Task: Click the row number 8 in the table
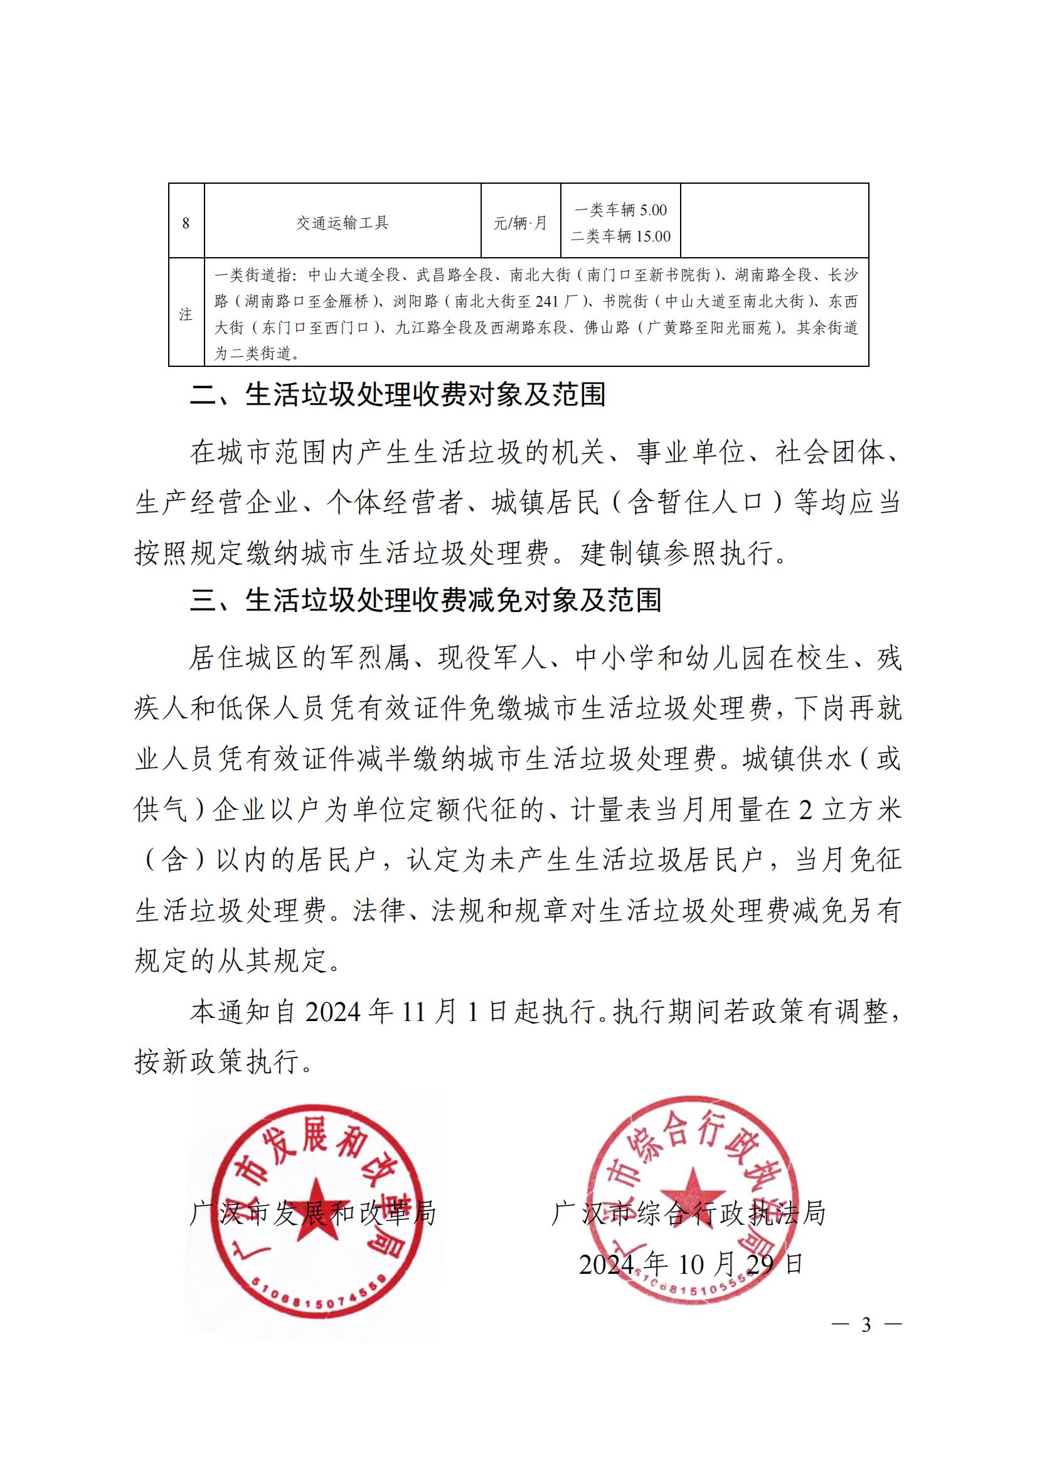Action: tap(186, 224)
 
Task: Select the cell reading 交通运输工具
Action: tap(342, 223)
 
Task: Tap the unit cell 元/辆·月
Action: tap(520, 224)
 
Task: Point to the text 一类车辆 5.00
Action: tap(620, 210)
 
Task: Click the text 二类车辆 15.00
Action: tap(620, 236)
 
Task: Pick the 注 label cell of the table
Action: tap(186, 314)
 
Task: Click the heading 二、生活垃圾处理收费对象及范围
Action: tap(397, 395)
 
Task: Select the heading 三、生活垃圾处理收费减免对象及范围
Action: tap(425, 601)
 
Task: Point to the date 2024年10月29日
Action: tap(690, 1264)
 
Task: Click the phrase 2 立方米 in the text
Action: tap(850, 810)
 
